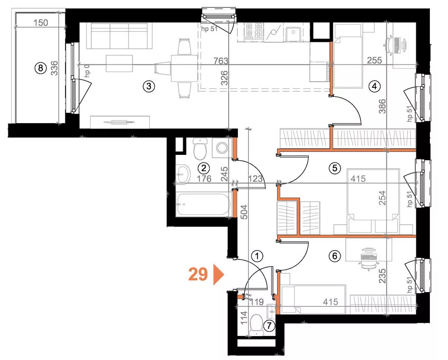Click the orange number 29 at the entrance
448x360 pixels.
pos(198,275)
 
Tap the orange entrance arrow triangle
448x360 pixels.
pos(218,275)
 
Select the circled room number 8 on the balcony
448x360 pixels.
pos(40,68)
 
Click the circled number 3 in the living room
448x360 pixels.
pos(149,86)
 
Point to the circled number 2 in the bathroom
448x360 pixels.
pos(204,168)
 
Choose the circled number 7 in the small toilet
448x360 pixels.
pos(269,325)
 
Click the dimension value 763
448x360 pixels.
pos(221,61)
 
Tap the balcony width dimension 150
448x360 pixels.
pos(41,22)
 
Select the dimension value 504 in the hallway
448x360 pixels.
pos(245,212)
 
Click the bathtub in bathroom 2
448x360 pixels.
pos(203,205)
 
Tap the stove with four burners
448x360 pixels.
pos(254,31)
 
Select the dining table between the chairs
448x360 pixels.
pos(184,68)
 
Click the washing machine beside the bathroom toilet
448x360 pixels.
pos(222,148)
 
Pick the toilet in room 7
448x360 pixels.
pos(256,326)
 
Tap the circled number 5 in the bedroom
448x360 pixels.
pos(335,168)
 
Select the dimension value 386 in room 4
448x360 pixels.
pos(382,106)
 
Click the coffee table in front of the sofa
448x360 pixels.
pos(119,63)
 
